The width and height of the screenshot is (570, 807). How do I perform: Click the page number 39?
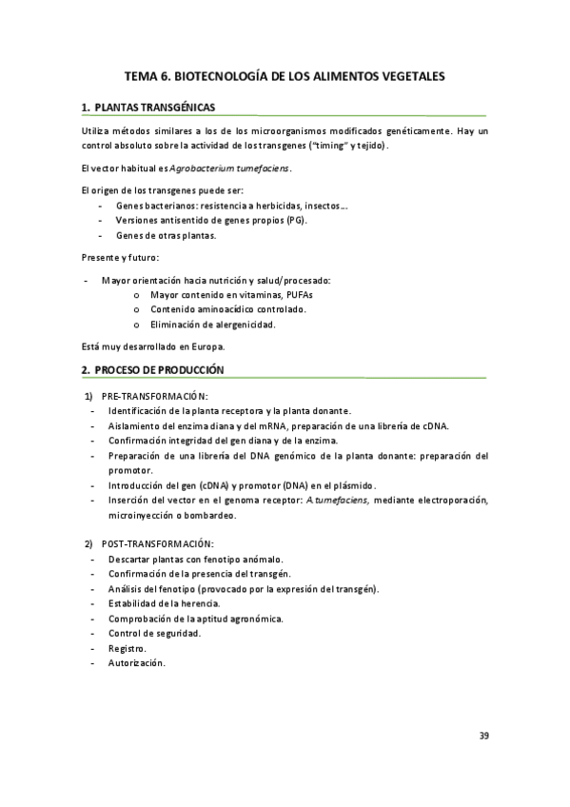483,736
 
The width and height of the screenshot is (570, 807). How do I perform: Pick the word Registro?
127,648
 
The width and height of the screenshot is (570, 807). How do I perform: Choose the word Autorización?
136,663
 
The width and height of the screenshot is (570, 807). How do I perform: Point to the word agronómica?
251,619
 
